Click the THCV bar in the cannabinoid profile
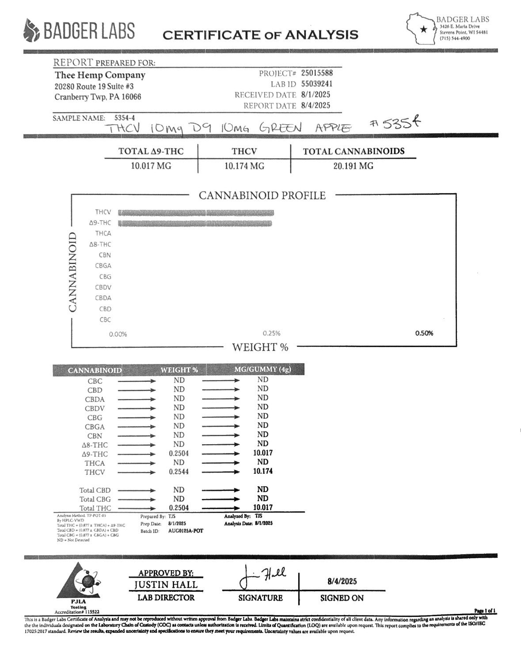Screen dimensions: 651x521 [196, 213]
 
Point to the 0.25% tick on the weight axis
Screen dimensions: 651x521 [271, 334]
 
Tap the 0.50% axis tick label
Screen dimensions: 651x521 [424, 333]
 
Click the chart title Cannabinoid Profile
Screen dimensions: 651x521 [262, 195]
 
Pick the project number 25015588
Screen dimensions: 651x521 [316, 73]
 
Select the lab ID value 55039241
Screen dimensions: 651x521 [316, 84]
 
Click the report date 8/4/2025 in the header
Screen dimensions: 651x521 [316, 106]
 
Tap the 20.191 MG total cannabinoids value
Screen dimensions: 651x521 [354, 166]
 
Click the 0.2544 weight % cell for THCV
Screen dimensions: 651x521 [179, 472]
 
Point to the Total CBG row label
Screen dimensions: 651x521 [95, 499]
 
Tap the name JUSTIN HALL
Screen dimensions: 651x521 [166, 585]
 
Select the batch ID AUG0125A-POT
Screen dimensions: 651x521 [186, 531]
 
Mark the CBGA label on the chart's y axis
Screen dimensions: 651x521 [103, 266]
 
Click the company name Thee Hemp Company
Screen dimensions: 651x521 [100, 75]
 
